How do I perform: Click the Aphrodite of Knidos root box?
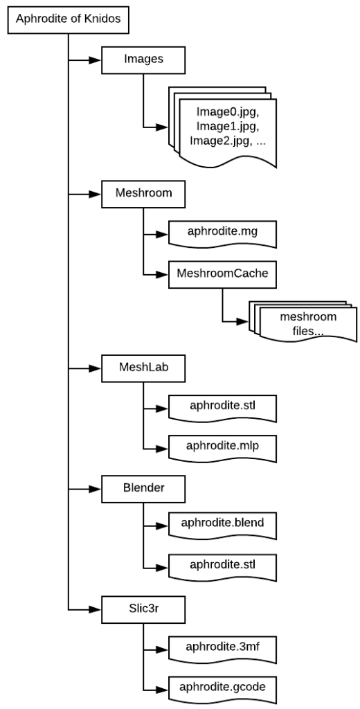68,19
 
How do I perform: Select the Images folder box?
143,60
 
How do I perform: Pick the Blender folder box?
143,489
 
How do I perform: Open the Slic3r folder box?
143,609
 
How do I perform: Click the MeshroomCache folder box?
222,274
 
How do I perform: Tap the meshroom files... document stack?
302,323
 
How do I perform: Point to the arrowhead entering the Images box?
96,60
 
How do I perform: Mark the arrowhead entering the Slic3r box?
96,610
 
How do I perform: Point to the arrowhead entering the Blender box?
96,490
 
